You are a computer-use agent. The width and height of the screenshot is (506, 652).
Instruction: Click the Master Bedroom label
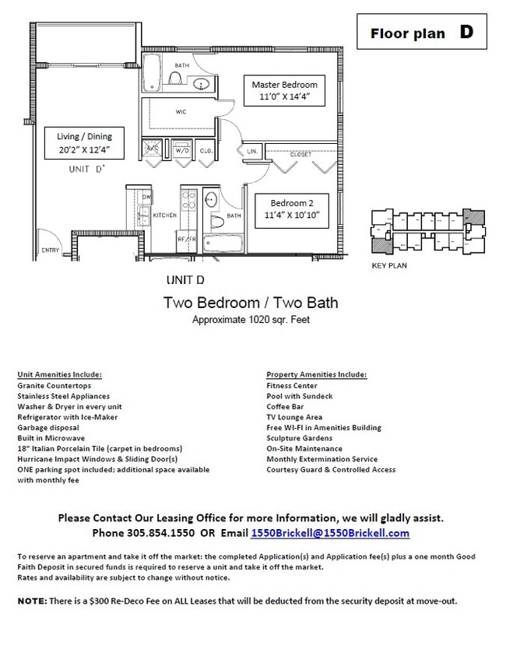point(284,84)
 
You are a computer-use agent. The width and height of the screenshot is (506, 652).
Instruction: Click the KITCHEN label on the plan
point(165,215)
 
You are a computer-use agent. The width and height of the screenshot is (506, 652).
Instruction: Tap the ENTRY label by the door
point(50,250)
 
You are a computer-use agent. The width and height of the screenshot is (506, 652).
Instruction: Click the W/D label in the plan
point(183,150)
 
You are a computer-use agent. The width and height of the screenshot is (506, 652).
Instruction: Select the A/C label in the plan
point(153,149)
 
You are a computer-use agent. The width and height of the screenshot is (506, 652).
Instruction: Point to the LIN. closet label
point(253,150)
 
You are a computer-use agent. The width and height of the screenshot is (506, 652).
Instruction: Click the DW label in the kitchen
point(146,198)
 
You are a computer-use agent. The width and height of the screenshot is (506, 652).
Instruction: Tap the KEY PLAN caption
point(388,265)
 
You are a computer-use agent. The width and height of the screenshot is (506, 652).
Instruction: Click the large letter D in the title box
point(466,32)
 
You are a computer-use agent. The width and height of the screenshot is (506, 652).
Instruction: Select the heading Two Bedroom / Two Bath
point(250,302)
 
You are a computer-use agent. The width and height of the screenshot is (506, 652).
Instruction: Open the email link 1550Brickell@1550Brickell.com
point(330,533)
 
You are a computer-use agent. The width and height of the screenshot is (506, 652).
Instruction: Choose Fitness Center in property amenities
point(292,385)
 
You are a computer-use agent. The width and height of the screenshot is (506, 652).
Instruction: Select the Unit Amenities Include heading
point(60,374)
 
